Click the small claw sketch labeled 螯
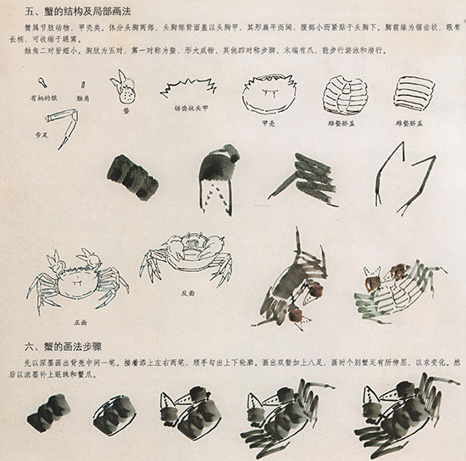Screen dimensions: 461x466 [124, 86]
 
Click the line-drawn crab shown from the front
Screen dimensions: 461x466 [77, 280]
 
